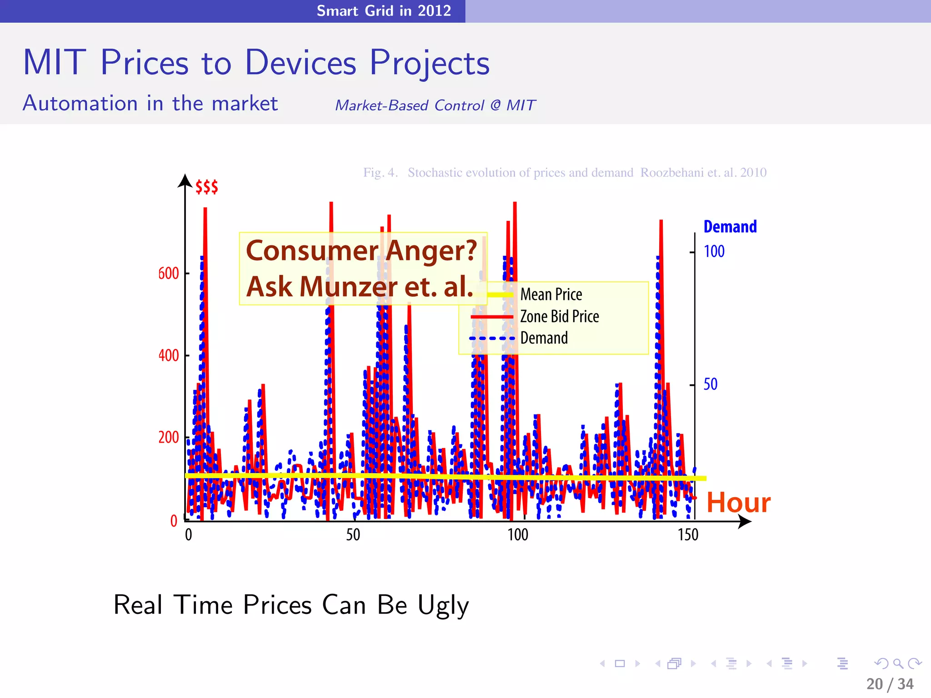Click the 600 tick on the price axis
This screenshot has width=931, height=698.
tap(168, 274)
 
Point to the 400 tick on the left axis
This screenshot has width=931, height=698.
tap(168, 355)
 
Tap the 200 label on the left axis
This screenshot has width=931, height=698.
tap(168, 438)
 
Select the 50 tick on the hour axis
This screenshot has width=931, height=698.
tap(353, 535)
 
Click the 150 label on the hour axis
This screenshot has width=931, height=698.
tap(687, 535)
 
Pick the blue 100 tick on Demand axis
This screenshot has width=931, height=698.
tap(714, 251)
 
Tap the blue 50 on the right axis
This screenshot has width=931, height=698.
tap(710, 384)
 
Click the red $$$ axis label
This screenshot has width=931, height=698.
tap(206, 187)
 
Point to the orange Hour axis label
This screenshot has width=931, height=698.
tap(738, 503)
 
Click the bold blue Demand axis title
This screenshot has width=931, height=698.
tap(730, 227)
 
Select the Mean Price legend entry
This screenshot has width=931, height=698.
tap(551, 294)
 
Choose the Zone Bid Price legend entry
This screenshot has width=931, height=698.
tap(559, 316)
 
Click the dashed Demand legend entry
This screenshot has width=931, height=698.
tap(544, 338)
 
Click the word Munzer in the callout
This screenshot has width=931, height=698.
tap(348, 287)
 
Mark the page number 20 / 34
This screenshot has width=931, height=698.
tap(890, 684)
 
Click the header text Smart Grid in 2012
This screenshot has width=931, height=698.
tap(384, 10)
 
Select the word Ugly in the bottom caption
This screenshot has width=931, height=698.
tap(443, 605)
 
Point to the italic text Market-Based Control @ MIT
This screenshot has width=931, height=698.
tap(435, 105)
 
